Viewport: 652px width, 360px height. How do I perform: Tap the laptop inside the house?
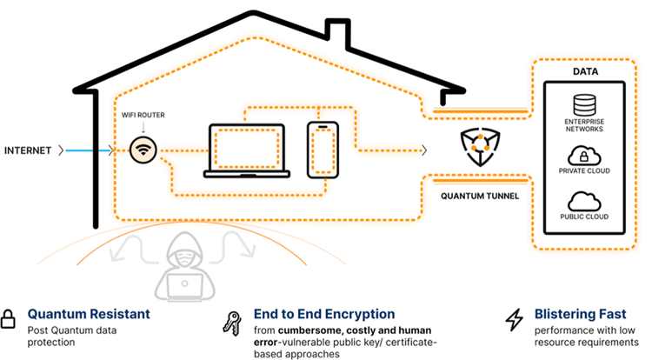coord(246,150)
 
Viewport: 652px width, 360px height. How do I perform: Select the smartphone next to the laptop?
coord(323,150)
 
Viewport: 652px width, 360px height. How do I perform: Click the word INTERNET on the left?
coord(29,150)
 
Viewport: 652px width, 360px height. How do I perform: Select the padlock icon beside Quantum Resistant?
coord(10,319)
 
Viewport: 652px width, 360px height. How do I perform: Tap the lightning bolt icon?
coord(515,320)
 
